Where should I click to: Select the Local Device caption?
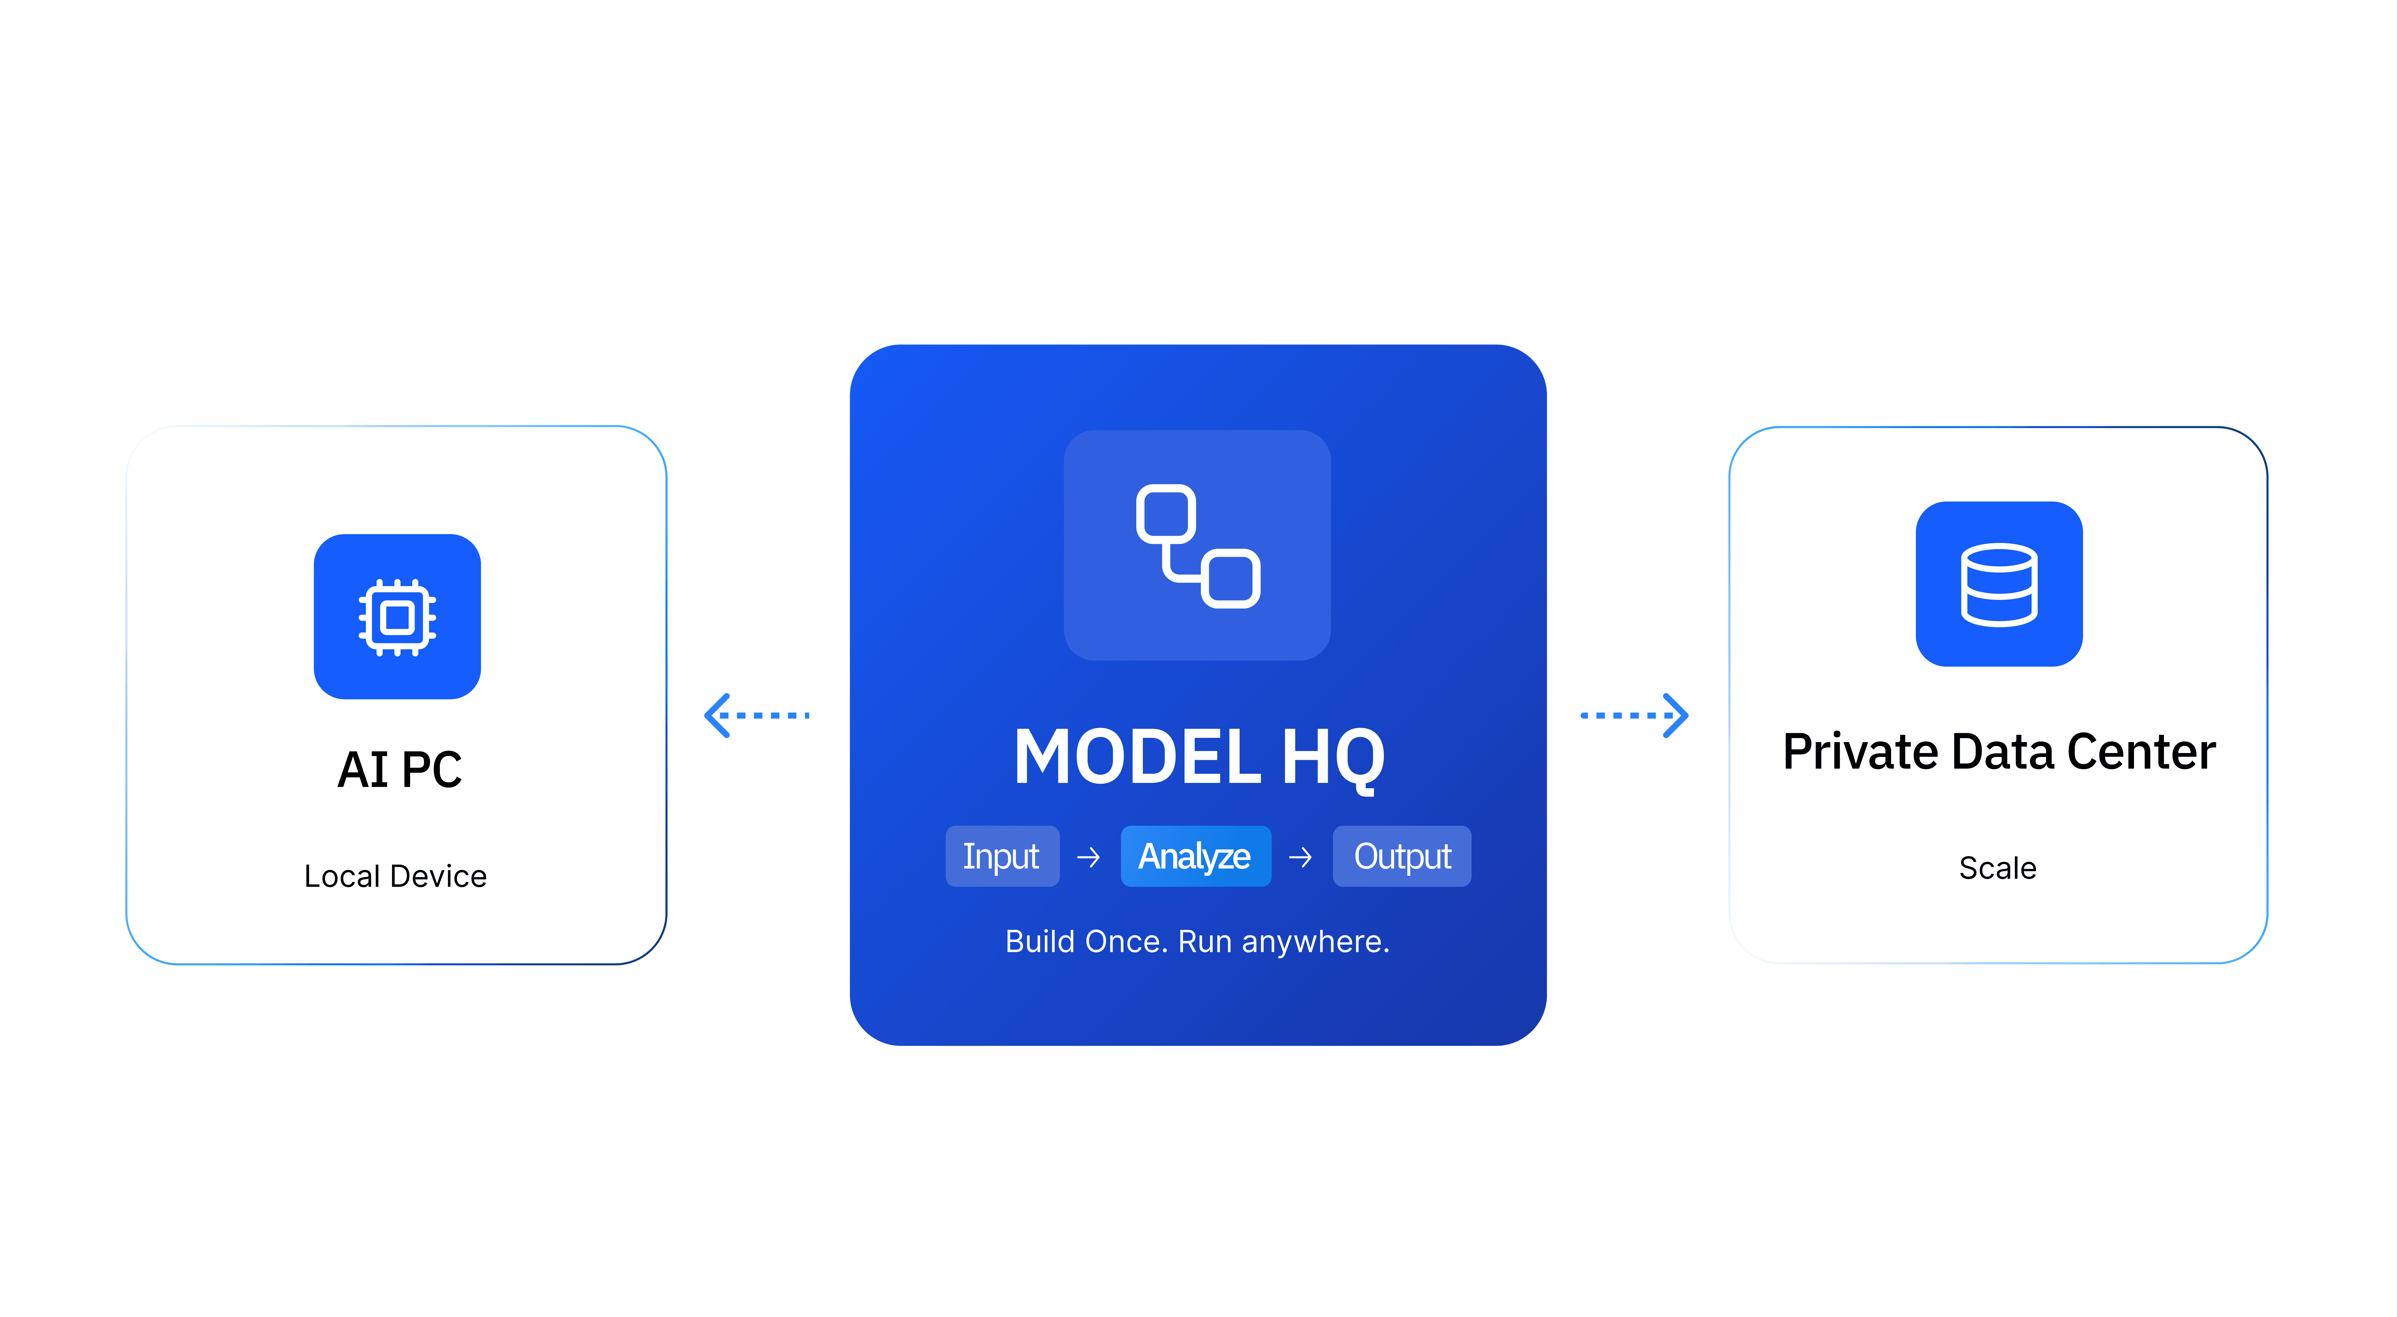(395, 876)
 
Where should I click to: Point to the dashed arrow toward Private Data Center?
(1634, 715)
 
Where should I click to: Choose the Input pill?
(1001, 855)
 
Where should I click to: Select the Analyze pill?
(1195, 855)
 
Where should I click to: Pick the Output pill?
(1401, 855)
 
